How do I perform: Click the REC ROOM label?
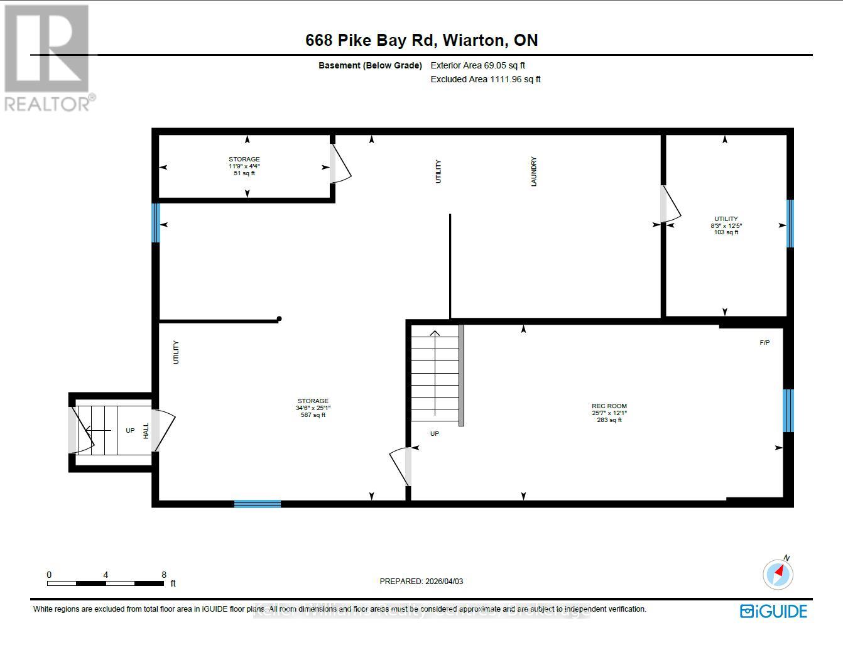pyautogui.click(x=609, y=406)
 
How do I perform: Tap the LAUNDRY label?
pyautogui.click(x=534, y=171)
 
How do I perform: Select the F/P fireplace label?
pyautogui.click(x=764, y=342)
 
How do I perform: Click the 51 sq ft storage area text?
pyautogui.click(x=244, y=173)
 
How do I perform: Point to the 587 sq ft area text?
pyautogui.click(x=313, y=415)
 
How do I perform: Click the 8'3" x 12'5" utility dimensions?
pyautogui.click(x=726, y=225)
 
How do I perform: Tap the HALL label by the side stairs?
pyautogui.click(x=146, y=430)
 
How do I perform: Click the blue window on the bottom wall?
pyautogui.click(x=257, y=504)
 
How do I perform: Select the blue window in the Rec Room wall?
pyautogui.click(x=788, y=411)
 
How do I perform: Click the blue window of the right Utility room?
pyautogui.click(x=790, y=224)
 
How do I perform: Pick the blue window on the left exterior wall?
pyautogui.click(x=156, y=222)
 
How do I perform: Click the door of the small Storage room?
pyautogui.click(x=340, y=164)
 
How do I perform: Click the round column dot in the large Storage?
pyautogui.click(x=280, y=319)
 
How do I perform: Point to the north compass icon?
pyautogui.click(x=778, y=573)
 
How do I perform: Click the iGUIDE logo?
pyautogui.click(x=773, y=611)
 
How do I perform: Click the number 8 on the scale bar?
pyautogui.click(x=164, y=575)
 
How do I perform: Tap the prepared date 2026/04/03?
pyautogui.click(x=442, y=582)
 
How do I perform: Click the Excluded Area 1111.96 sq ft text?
pyautogui.click(x=485, y=79)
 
